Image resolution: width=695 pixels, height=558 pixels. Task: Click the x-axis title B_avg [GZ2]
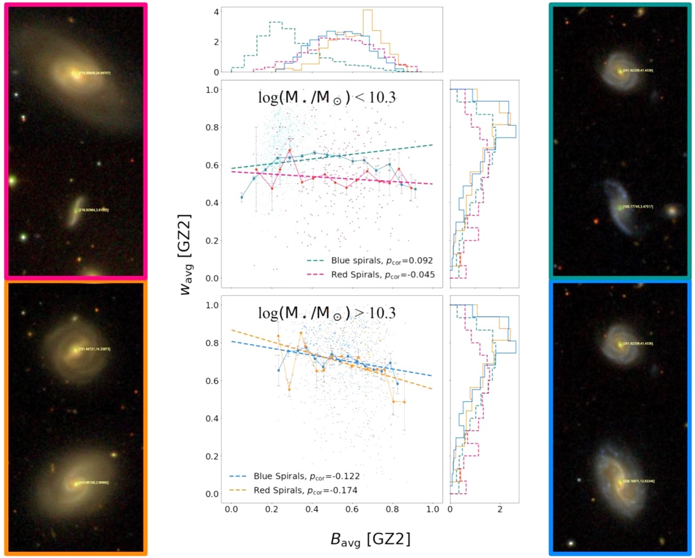click(370, 539)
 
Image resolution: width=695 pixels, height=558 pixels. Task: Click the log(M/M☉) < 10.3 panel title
click(326, 98)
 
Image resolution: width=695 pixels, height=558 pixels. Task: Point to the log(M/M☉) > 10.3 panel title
click(326, 313)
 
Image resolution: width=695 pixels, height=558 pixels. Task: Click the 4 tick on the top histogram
click(216, 12)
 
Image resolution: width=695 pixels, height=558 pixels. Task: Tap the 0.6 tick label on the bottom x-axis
click(352, 510)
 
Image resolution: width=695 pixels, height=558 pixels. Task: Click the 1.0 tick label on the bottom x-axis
click(433, 510)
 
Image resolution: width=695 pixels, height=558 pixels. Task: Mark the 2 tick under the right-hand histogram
click(500, 510)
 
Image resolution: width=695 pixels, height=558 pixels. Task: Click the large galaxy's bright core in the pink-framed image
click(75, 73)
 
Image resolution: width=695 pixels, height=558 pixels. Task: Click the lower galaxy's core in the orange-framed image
click(75, 483)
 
